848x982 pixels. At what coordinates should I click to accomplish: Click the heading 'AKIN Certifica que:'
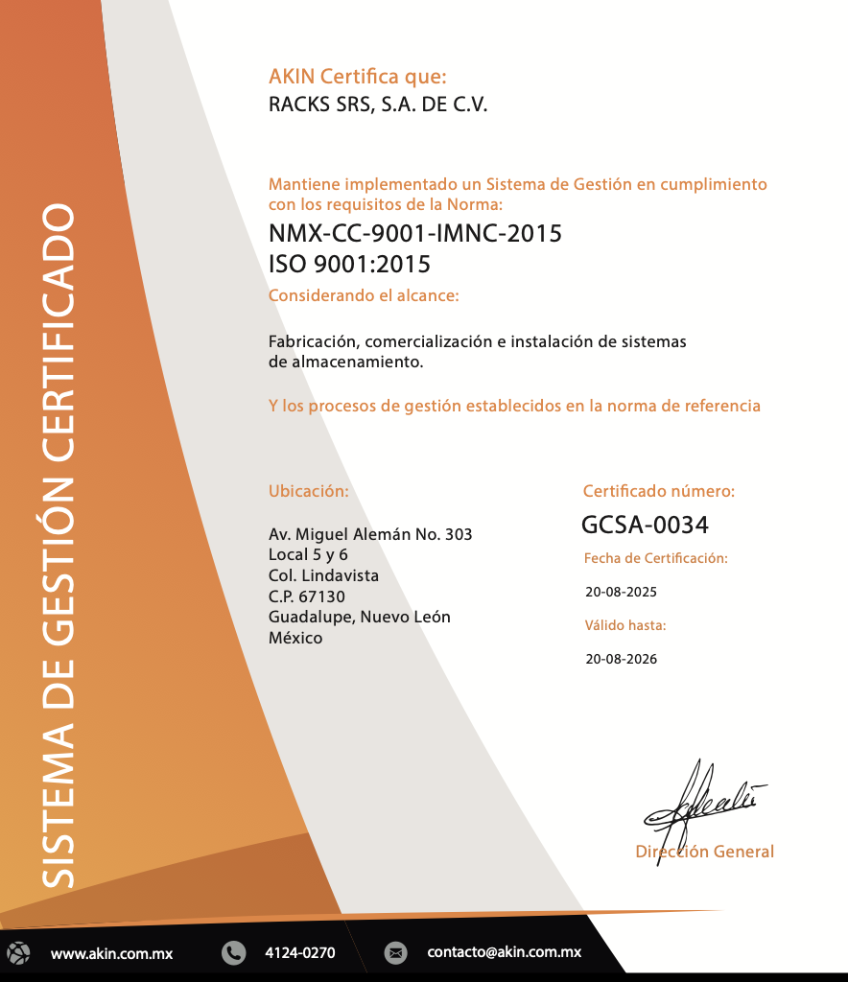358,77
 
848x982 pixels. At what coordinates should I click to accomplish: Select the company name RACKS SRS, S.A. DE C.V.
378,105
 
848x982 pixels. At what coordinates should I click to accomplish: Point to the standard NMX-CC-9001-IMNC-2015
415,233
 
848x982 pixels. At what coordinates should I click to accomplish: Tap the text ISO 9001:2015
349,264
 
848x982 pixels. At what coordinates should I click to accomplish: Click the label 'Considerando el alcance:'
364,295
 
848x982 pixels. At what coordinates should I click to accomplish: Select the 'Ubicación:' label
308,491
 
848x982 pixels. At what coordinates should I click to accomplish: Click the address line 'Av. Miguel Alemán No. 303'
370,534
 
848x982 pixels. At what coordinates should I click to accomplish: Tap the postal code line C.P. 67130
307,596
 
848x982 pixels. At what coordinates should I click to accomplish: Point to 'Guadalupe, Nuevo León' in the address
360,617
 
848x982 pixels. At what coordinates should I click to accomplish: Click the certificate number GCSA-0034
645,525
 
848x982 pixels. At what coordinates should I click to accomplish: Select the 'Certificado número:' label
659,491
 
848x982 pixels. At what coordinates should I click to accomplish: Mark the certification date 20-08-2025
622,592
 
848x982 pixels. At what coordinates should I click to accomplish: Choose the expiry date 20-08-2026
622,659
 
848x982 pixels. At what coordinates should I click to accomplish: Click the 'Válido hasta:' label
625,625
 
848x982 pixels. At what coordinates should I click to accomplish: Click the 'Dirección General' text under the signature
705,852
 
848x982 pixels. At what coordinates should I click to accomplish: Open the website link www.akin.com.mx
111,953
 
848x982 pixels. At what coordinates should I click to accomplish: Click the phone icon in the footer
233,953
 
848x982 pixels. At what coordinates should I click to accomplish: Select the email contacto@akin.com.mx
505,953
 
